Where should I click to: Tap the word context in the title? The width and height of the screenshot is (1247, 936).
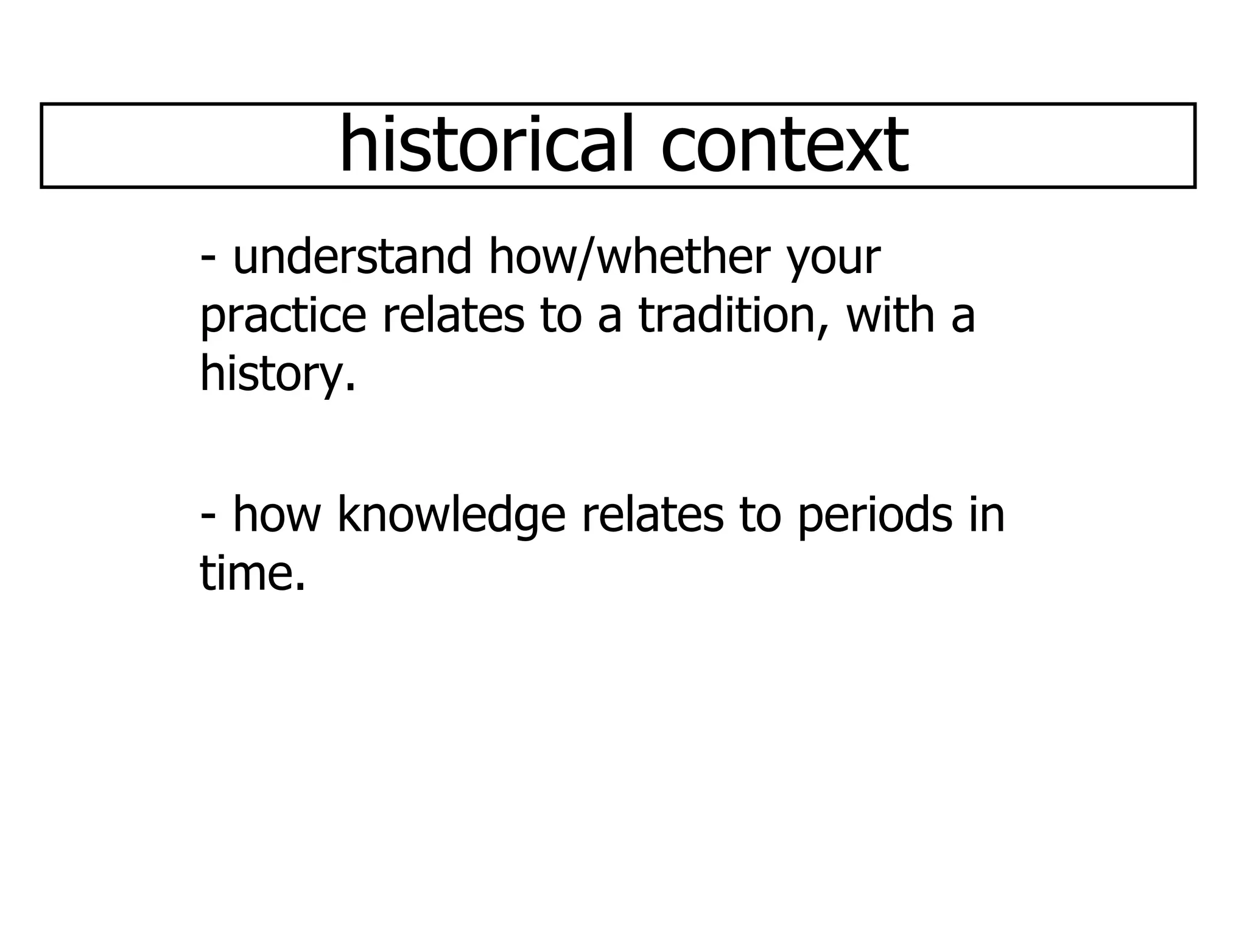tap(785, 145)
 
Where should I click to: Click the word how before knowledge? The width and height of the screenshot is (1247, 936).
tap(277, 514)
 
